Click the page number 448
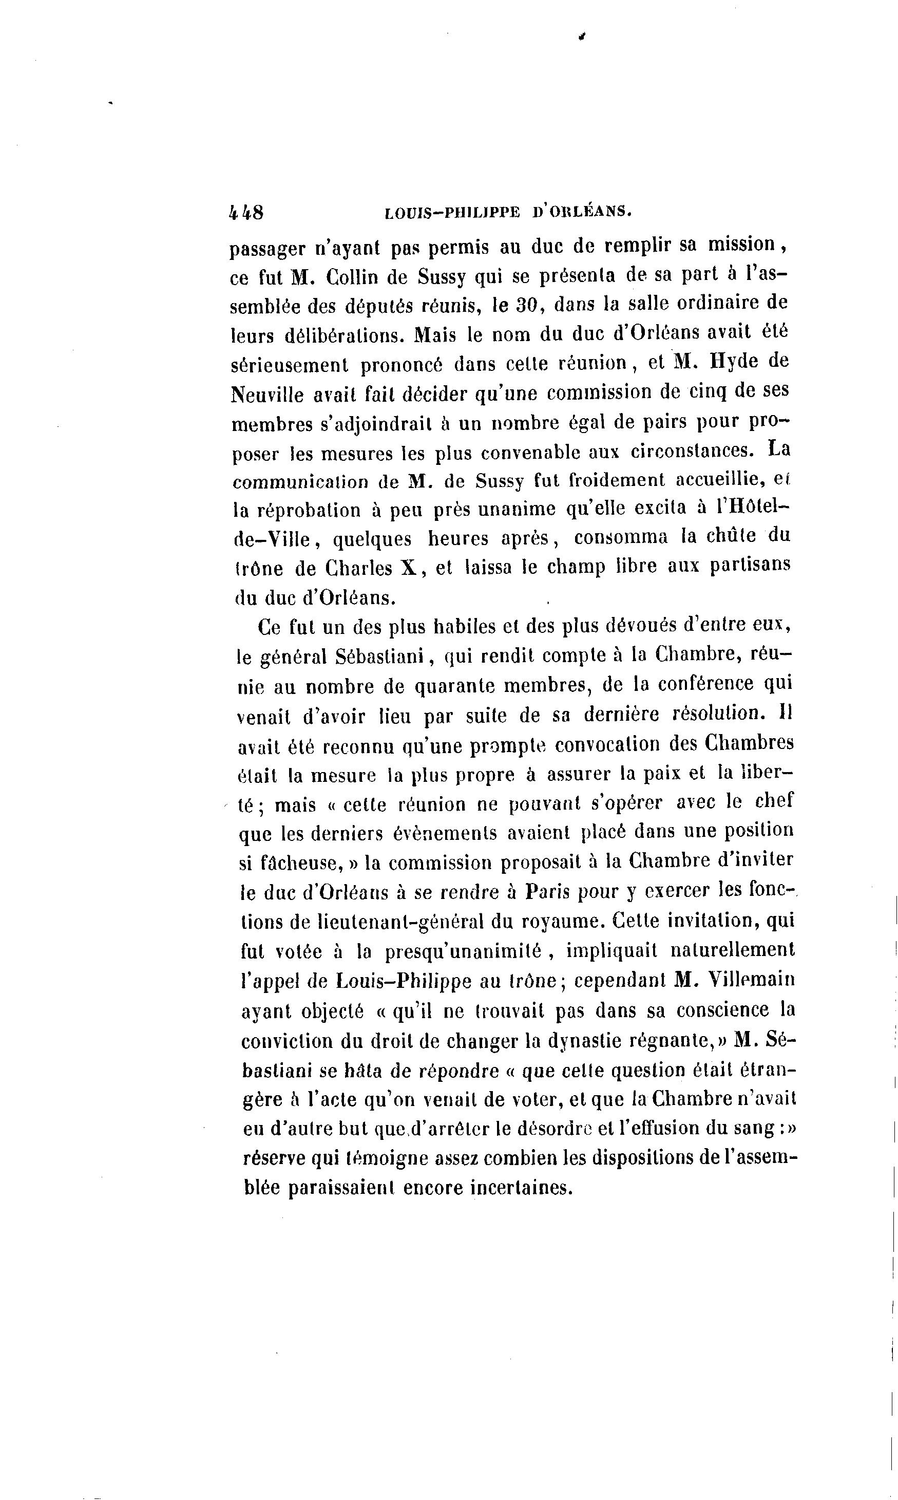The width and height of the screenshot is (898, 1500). (x=246, y=213)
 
